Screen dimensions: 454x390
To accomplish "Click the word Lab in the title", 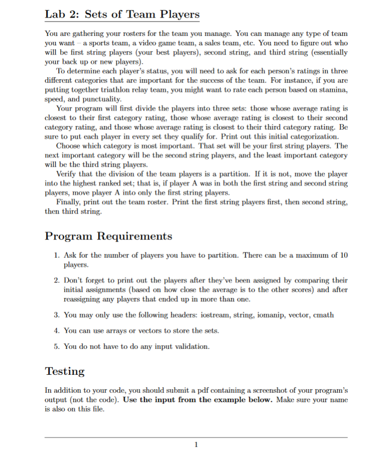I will click(54, 14).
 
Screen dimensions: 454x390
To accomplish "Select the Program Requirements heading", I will click(108, 235).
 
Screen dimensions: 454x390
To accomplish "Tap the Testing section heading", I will click(65, 371).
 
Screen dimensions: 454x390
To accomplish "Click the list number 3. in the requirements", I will click(57, 315).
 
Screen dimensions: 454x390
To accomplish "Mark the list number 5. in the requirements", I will click(57, 346).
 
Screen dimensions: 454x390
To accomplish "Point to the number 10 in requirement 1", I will click(343, 255).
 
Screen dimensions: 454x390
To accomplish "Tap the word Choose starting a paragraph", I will click(69, 145).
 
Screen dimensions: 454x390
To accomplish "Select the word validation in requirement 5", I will click(192, 346).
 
